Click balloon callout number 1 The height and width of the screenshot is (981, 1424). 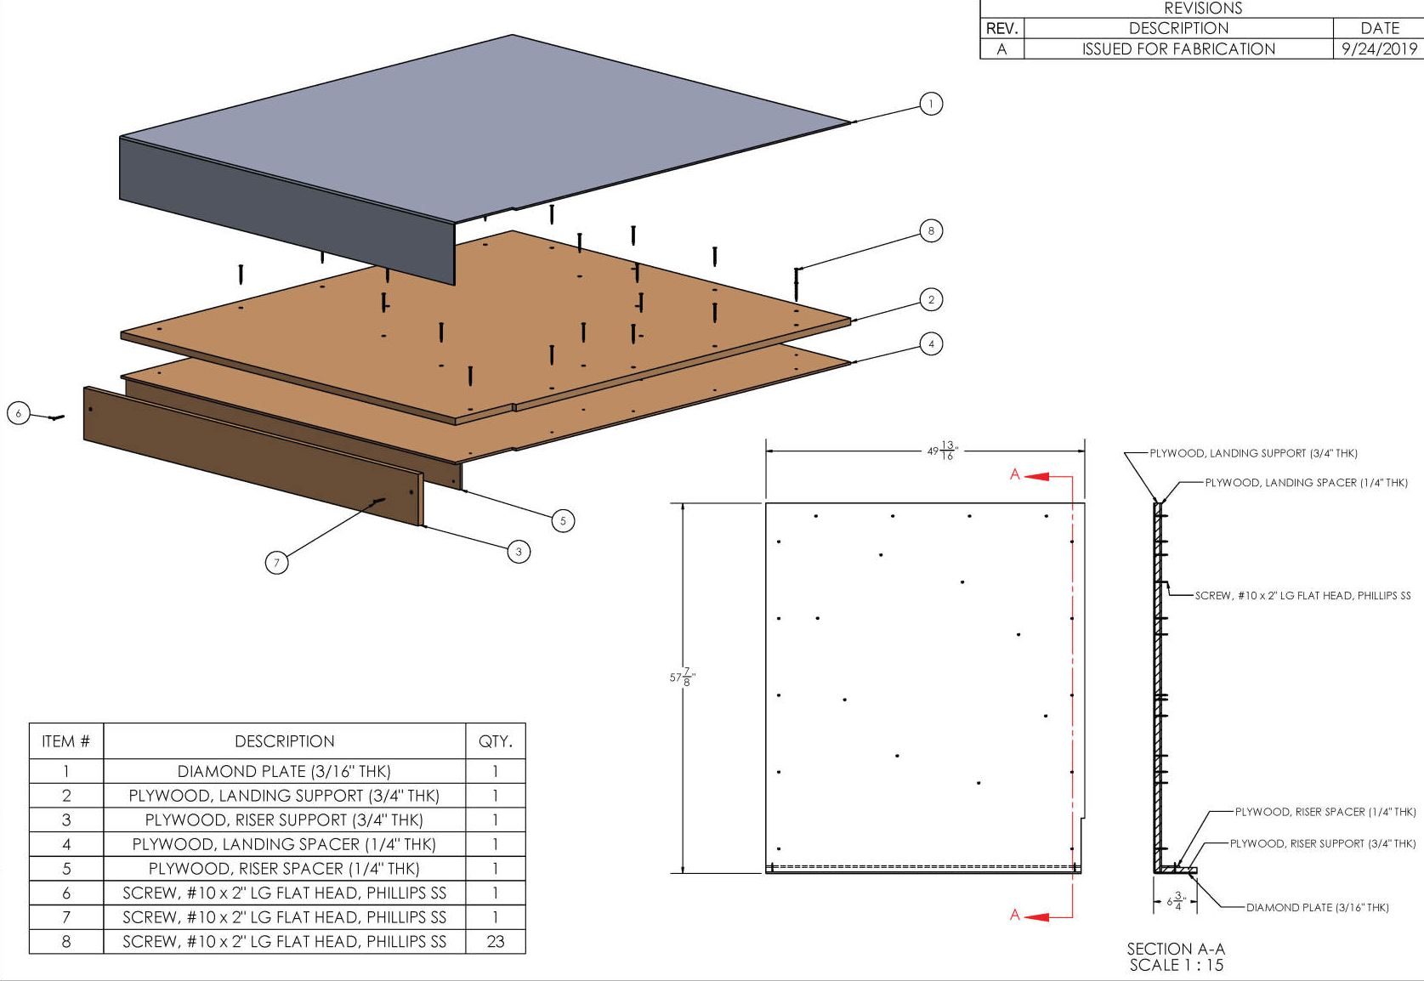pos(931,104)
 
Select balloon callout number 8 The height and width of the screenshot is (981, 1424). pos(931,230)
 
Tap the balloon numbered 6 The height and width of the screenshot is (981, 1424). pos(19,414)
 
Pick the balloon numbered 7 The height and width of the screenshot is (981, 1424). pos(276,562)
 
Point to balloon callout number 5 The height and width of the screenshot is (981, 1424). pos(563,520)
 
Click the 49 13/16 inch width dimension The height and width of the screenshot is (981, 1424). pos(941,451)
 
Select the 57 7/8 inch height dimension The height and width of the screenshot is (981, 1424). pos(680,678)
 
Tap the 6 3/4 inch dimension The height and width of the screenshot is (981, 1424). pos(1175,901)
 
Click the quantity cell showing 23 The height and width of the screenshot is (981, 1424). pos(496,941)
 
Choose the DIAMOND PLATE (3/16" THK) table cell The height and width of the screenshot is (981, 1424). pos(284,771)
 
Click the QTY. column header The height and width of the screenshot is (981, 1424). pos(496,741)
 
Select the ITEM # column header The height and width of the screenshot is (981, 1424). pos(65,741)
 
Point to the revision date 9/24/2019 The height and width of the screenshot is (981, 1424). pos(1379,48)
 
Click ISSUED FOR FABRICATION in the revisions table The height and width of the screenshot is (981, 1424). pos(1178,48)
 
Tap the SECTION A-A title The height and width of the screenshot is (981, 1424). pos(1176,949)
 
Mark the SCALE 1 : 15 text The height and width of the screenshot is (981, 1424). pos(1176,965)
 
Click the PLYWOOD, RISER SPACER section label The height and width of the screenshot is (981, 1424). pos(1325,812)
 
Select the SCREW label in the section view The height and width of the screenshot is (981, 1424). pos(1302,595)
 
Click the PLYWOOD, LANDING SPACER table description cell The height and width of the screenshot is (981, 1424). pos(284,844)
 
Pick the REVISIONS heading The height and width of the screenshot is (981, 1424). pos(1203,9)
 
